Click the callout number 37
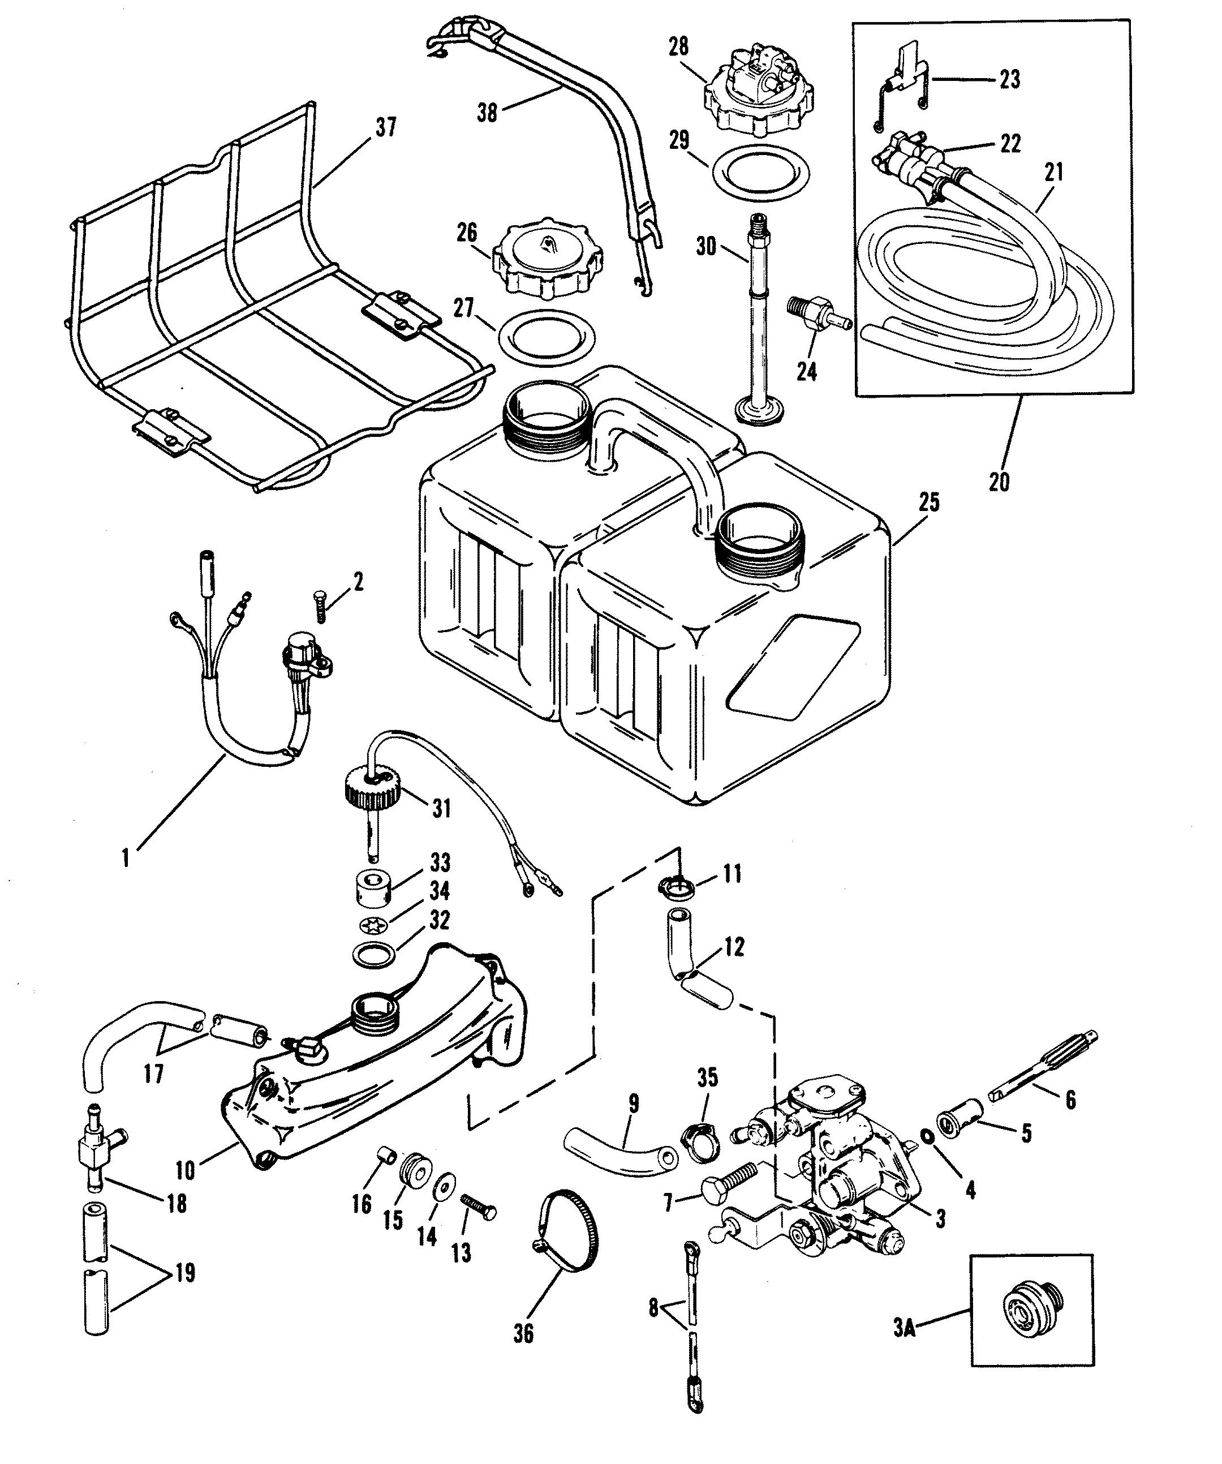click(x=385, y=127)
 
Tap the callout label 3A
click(x=904, y=1329)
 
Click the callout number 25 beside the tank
click(x=928, y=502)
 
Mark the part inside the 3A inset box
click(x=1030, y=1319)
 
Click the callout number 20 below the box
click(x=998, y=481)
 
